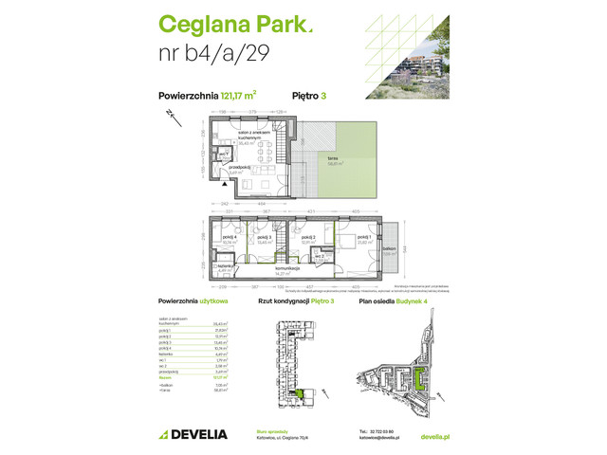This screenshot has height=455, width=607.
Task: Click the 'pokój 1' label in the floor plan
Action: pyautogui.click(x=365, y=241)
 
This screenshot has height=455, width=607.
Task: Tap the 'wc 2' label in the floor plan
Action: pyautogui.click(x=321, y=256)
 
